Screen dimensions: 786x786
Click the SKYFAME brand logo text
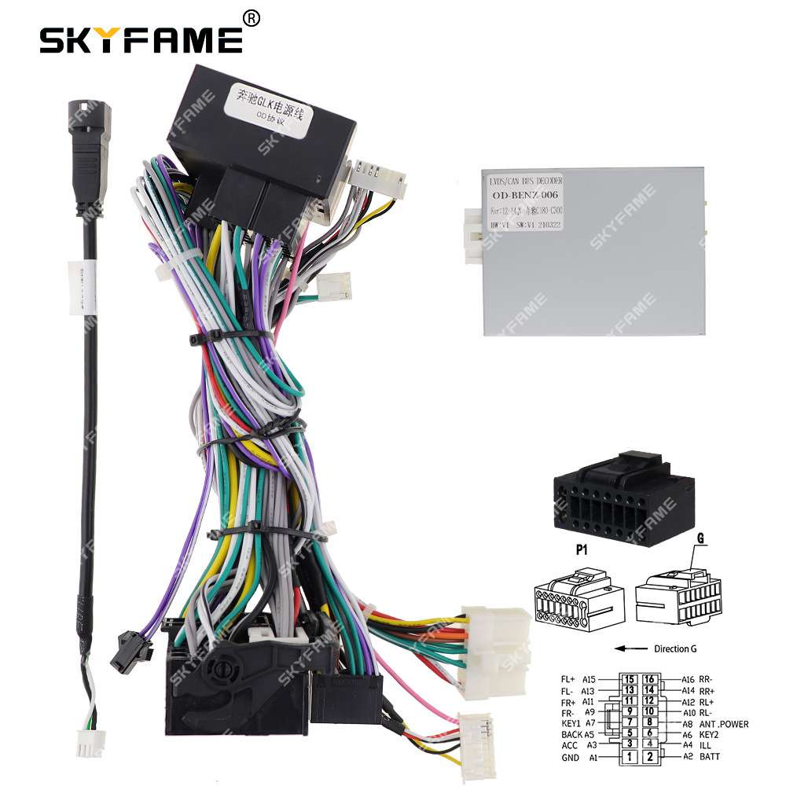coord(141,39)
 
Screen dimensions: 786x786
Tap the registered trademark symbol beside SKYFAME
coord(250,17)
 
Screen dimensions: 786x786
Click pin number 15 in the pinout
coord(629,678)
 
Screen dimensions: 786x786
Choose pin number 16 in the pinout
coord(649,678)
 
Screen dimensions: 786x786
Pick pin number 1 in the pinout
coord(629,758)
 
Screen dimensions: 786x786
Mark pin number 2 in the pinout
coord(649,758)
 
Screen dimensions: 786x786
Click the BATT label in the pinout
coord(711,758)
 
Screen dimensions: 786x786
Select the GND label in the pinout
coord(570,758)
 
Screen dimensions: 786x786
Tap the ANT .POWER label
coord(723,724)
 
